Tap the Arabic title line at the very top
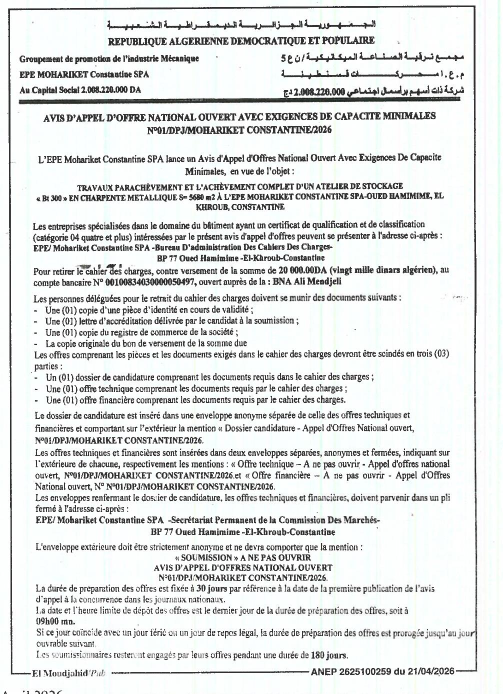click(x=241, y=25)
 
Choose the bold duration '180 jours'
click(x=329, y=654)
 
